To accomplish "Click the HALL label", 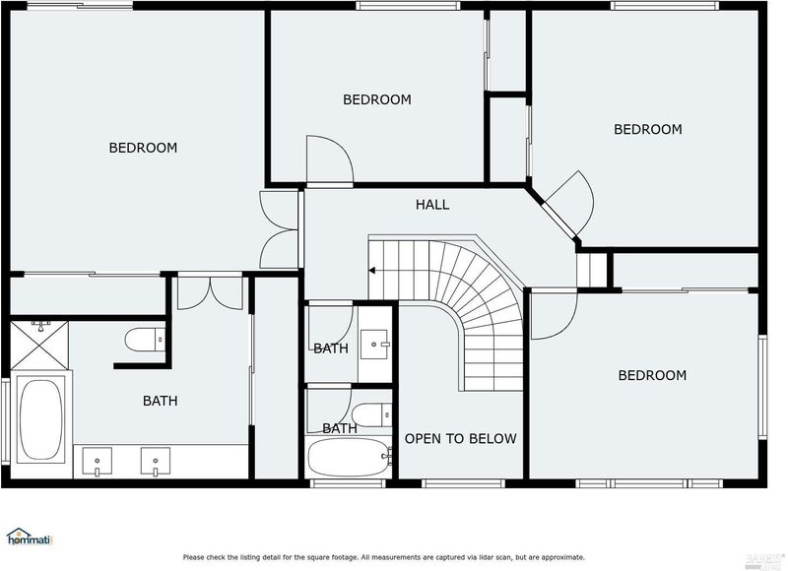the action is (432, 205).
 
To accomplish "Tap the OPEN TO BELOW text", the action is (460, 439).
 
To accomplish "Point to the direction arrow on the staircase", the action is (372, 271).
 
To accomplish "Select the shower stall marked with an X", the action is (39, 345).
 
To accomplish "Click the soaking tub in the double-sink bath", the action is (41, 419).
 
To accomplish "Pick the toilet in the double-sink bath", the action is (145, 340).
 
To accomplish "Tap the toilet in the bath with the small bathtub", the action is (372, 415).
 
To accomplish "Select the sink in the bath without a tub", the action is (375, 345).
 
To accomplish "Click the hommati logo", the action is (30, 538).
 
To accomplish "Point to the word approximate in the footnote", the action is (563, 557).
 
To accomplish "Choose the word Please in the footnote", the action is (194, 557).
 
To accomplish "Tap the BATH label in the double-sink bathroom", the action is (160, 401).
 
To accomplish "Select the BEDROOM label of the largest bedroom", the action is (143, 148).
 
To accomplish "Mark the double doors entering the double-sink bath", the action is (210, 292).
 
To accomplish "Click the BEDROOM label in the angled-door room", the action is (648, 129).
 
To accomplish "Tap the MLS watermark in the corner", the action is (767, 561).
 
